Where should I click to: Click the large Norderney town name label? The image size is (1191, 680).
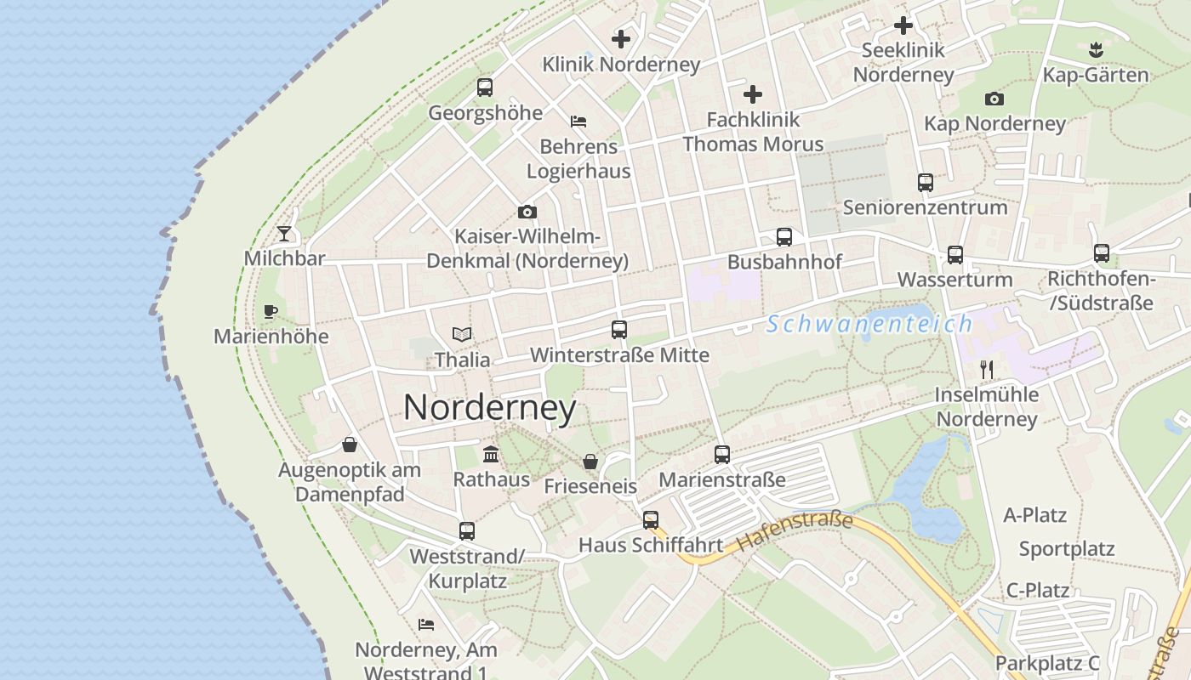tap(489, 408)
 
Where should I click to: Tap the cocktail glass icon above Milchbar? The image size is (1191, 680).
tap(284, 234)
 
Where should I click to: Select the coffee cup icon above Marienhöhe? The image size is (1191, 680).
tap(271, 311)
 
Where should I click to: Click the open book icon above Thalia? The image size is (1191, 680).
tap(462, 335)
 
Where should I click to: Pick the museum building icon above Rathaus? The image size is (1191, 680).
tap(491, 455)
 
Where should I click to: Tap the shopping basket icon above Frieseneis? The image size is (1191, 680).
tap(590, 462)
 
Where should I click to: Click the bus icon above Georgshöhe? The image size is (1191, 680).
tap(485, 88)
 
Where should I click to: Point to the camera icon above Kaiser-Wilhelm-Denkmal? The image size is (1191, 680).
tap(527, 212)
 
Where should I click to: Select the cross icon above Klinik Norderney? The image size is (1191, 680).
tap(621, 39)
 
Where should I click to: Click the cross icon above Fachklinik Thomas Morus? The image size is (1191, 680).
tap(753, 94)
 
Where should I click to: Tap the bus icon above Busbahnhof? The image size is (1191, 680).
tap(784, 237)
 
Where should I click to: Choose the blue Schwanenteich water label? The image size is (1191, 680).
tap(869, 324)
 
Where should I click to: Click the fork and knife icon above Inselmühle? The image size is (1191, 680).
tap(987, 370)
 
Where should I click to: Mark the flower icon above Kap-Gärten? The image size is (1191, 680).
tap(1096, 50)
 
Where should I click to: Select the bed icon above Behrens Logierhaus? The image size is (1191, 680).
tap(578, 122)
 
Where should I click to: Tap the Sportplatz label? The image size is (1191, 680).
tap(1067, 549)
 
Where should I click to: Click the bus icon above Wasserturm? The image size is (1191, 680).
tap(955, 255)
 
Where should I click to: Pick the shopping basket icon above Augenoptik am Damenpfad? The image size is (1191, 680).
tap(350, 445)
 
